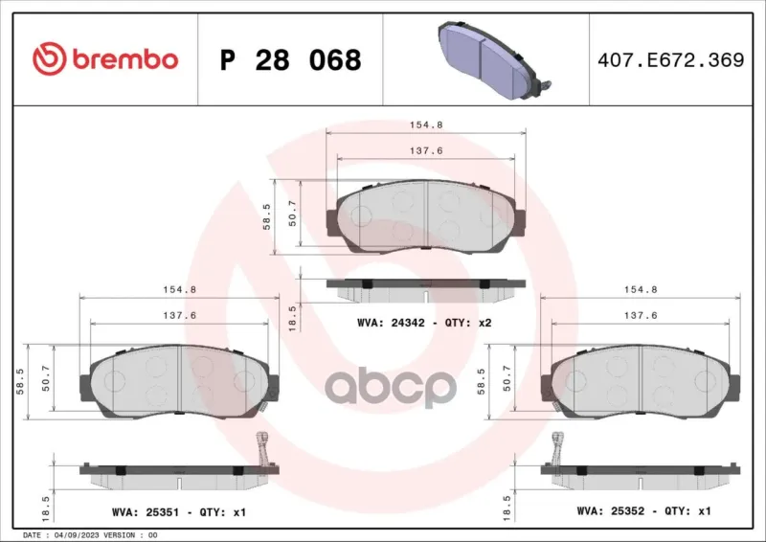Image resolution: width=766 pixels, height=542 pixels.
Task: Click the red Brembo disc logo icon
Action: coord(49,58)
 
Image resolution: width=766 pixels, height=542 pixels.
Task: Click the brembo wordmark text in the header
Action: coord(125,59)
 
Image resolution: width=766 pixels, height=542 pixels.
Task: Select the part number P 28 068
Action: coord(291,60)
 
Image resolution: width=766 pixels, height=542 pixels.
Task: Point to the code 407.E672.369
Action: coord(671,59)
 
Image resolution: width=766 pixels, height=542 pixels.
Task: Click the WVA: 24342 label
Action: coord(391,323)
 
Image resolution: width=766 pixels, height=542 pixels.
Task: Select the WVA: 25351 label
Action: coord(146,512)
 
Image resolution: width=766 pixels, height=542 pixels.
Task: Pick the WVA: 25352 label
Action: coord(611,511)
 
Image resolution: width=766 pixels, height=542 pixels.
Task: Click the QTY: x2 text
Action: coord(468,323)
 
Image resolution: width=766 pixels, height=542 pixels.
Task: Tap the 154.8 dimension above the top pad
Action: coord(426,125)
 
